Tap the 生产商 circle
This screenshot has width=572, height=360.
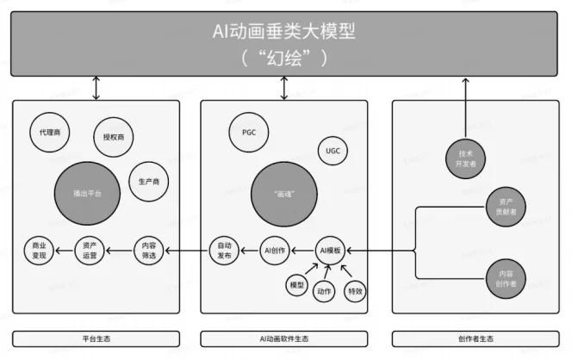[148, 182]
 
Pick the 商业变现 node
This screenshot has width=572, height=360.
[40, 251]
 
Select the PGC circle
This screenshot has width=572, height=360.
[249, 133]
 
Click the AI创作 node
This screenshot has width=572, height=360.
[275, 251]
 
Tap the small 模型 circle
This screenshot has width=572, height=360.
[296, 284]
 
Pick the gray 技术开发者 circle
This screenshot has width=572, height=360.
[466, 158]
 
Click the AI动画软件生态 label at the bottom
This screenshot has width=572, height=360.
[283, 339]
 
